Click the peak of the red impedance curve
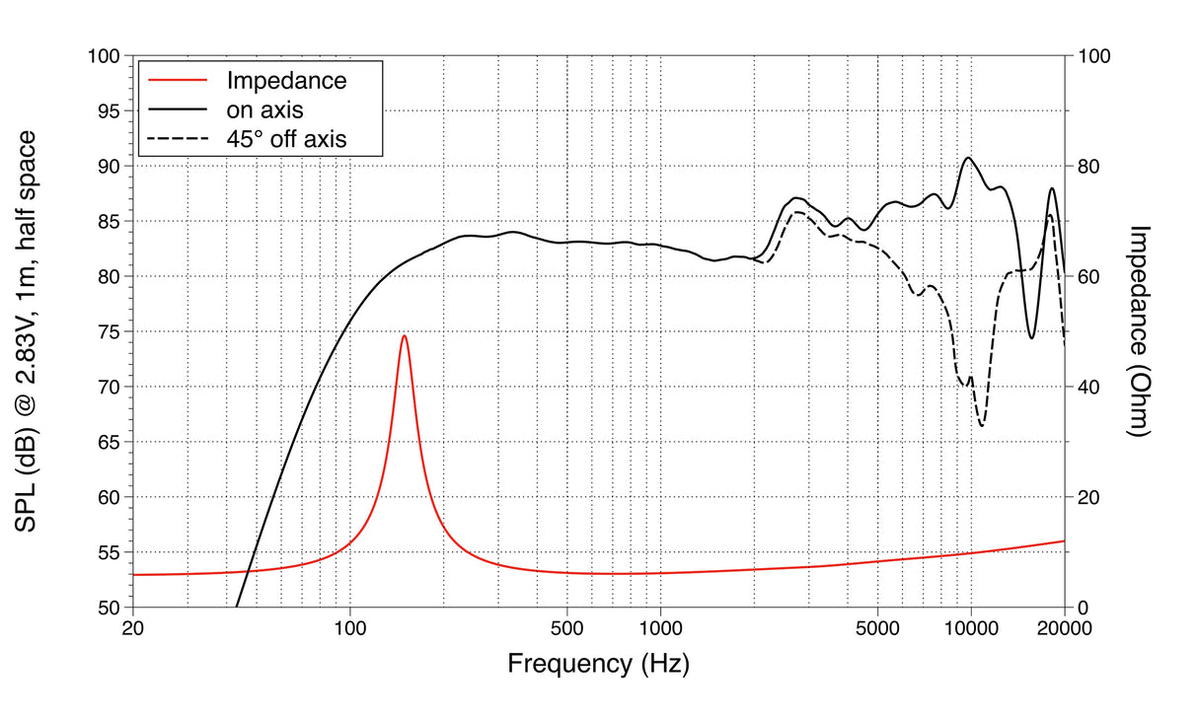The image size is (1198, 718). (404, 336)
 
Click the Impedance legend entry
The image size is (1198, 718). (286, 81)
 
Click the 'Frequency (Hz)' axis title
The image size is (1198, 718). (598, 664)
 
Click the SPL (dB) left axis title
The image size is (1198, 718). (27, 331)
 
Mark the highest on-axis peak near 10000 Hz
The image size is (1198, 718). (969, 158)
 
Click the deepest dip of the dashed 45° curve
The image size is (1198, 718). (982, 425)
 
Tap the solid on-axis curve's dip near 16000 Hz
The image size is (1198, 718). (1031, 338)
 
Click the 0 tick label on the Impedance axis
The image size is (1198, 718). (1084, 608)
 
